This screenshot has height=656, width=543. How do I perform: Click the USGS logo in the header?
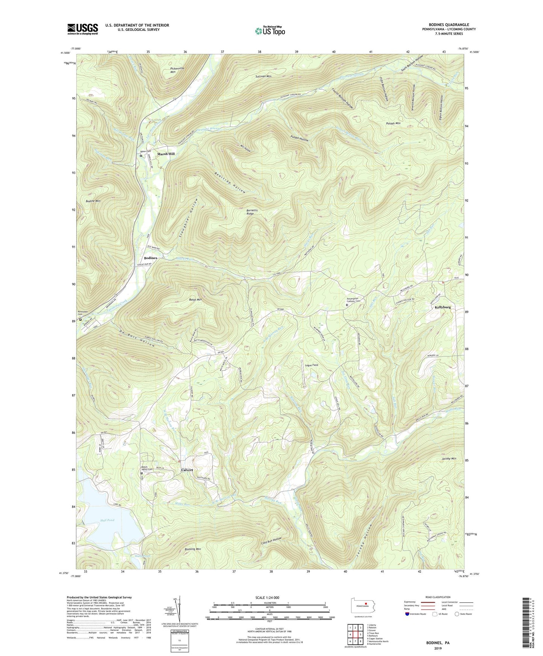[x=83, y=29]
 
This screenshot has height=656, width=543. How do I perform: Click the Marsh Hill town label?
[x=166, y=154]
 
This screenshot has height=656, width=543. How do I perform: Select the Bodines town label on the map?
[x=150, y=258]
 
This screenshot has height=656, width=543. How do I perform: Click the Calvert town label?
[x=187, y=470]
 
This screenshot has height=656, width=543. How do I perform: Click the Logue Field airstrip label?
[x=311, y=365]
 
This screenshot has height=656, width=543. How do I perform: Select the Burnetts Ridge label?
[x=248, y=212]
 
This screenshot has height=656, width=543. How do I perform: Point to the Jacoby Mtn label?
[x=449, y=459]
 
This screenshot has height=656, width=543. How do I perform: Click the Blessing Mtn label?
[x=193, y=549]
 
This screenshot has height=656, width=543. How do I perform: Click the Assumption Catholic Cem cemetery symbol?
[x=347, y=305]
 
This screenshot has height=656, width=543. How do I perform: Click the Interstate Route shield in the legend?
[x=408, y=614]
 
